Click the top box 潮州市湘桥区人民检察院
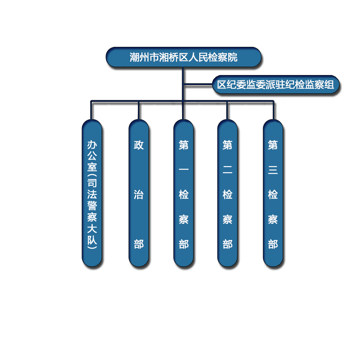[183, 57]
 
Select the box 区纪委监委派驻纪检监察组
[275, 85]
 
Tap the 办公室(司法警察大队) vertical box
[92, 193]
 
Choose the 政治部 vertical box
[138, 193]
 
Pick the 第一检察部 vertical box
[184, 193]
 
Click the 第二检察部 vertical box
[227, 193]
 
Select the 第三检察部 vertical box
[273, 193]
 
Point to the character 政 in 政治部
[139, 145]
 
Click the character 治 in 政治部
[139, 194]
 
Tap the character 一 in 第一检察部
[184, 170]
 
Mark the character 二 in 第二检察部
[227, 170]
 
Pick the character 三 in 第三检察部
[273, 170]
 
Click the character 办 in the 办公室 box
[92, 145]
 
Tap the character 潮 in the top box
[134, 57]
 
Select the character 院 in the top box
[232, 57]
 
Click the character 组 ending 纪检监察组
[329, 85]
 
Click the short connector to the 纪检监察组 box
[198, 85]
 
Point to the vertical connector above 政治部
[138, 110]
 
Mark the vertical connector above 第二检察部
[227, 110]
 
